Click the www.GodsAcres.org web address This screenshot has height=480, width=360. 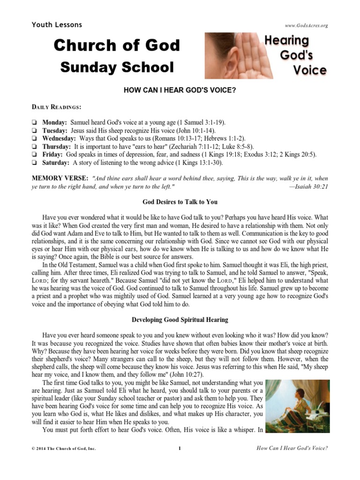(306, 25)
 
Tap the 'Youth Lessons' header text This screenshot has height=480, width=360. (57, 24)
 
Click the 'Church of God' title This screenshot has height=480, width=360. (116, 45)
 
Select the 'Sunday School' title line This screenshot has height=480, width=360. (117, 67)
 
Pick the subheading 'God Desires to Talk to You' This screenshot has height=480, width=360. (180, 202)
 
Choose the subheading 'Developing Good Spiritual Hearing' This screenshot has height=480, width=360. (180, 320)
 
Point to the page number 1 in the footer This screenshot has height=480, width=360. (180, 449)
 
